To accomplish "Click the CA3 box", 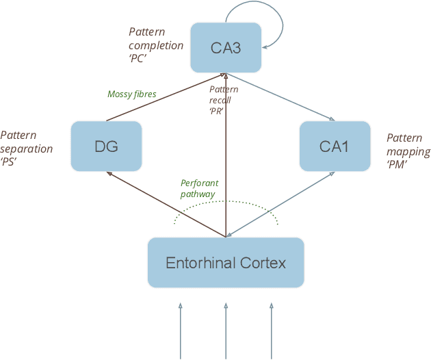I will pyautogui.click(x=225, y=47).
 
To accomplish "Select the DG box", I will pyautogui.click(x=105, y=146).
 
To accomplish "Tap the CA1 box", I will pyautogui.click(x=335, y=146).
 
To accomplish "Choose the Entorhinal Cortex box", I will pyautogui.click(x=226, y=262).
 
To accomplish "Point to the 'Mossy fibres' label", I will pyautogui.click(x=132, y=94).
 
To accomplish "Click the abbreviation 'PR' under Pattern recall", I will pyautogui.click(x=216, y=110).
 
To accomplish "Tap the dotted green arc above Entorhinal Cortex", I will pyautogui.click(x=226, y=201).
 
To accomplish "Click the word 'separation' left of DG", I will pyautogui.click(x=27, y=149).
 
